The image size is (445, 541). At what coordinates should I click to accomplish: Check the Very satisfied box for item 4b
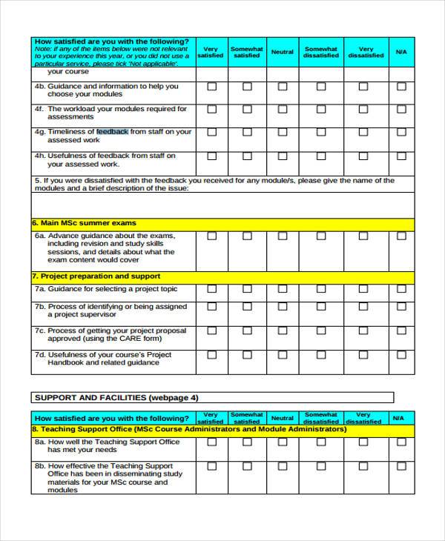pos(212,87)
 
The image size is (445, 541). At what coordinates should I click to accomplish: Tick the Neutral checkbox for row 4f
pos(283,109)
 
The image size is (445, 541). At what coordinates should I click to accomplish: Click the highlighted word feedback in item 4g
pos(112,131)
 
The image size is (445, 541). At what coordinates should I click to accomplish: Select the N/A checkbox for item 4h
pos(401,156)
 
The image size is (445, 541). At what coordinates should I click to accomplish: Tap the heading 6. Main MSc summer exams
pos(84,223)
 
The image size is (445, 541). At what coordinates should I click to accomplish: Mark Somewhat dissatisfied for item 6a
pos(321,236)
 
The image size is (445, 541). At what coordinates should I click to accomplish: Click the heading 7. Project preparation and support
pos(96,276)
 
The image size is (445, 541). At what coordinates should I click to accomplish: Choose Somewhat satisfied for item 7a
pos(246,289)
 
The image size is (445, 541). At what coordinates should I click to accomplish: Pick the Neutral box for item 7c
pos(283,331)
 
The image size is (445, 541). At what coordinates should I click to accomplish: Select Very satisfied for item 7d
pos(212,355)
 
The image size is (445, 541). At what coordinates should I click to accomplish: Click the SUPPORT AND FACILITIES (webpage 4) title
pos(116,397)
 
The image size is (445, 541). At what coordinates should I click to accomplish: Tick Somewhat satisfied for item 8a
pos(246,442)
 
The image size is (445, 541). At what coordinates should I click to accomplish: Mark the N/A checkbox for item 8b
pos(401,466)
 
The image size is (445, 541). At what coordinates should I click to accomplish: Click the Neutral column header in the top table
pos(283,53)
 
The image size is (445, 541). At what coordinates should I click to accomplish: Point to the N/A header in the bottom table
pos(401,418)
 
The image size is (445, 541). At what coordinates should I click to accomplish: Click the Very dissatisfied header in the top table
pos(366,53)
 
